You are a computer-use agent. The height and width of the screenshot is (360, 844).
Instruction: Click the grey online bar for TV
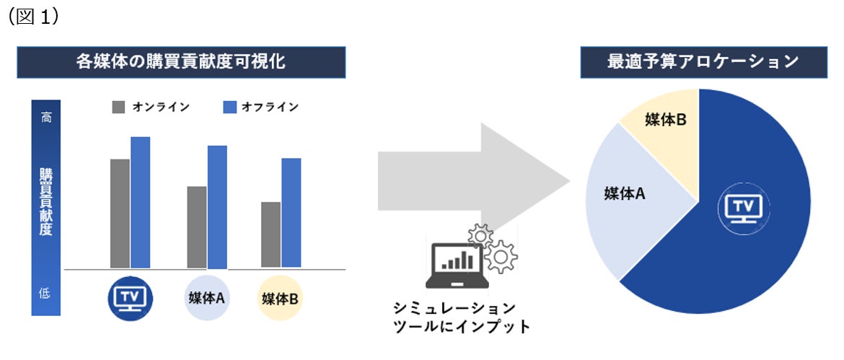pyautogui.click(x=120, y=214)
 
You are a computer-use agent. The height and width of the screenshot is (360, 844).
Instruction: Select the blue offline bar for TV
pyautogui.click(x=140, y=202)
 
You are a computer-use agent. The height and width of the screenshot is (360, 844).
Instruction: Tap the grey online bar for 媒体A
pyautogui.click(x=196, y=227)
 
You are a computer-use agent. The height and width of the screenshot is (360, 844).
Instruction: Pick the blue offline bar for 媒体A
pyautogui.click(x=217, y=207)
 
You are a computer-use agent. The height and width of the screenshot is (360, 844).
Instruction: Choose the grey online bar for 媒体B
pyautogui.click(x=271, y=234)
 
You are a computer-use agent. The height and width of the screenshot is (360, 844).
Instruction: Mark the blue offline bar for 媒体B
pyautogui.click(x=291, y=213)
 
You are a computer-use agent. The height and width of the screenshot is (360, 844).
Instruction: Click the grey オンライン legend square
pyautogui.click(x=119, y=107)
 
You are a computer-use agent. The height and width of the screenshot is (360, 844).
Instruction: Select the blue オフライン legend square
pyautogui.click(x=230, y=107)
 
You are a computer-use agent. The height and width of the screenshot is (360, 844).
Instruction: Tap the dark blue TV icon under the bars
pyautogui.click(x=130, y=297)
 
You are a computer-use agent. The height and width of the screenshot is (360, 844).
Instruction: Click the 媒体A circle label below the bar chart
pyautogui.click(x=207, y=297)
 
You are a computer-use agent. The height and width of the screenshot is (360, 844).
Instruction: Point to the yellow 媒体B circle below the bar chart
pyautogui.click(x=280, y=297)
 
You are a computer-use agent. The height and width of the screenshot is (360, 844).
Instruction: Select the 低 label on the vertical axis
pyautogui.click(x=45, y=294)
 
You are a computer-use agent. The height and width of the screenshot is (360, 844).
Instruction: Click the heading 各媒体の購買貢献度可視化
pyautogui.click(x=182, y=62)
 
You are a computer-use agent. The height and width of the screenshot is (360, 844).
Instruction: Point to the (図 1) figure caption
pyautogui.click(x=33, y=17)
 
